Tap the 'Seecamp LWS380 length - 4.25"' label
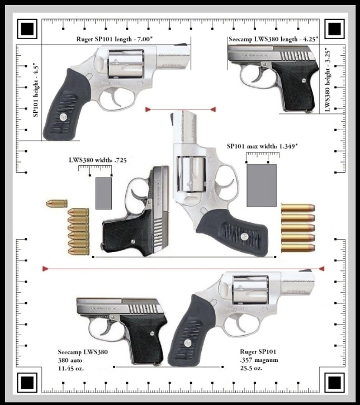coord(273,40)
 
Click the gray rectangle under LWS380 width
coord(103,193)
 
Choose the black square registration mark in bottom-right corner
coord(334,382)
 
